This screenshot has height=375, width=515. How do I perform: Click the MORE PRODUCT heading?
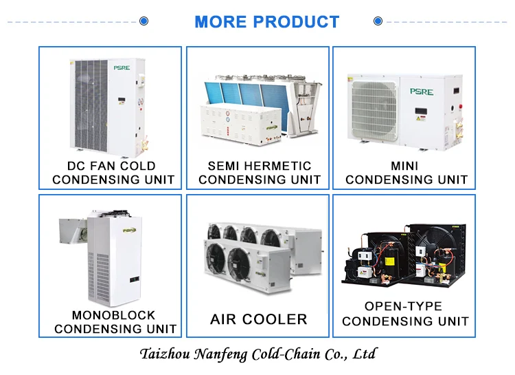pos(266,21)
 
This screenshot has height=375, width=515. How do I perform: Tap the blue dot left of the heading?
pos(144,21)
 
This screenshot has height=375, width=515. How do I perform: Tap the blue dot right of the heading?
pos(378,21)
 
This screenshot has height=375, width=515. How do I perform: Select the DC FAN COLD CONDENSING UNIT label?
pos(111,173)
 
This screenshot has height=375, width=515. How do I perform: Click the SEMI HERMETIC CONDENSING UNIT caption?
pos(259,173)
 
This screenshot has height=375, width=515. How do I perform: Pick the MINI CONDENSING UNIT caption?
pos(406,173)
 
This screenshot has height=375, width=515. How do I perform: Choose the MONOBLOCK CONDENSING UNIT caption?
pos(114,321)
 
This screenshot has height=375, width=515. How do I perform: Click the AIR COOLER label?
pos(258,319)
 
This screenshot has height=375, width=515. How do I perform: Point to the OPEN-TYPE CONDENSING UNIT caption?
pos(405,313)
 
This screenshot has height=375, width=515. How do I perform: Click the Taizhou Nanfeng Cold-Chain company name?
pos(257,355)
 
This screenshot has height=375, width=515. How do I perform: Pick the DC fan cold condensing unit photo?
pos(110,103)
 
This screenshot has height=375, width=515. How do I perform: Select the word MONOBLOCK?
pos(114,315)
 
